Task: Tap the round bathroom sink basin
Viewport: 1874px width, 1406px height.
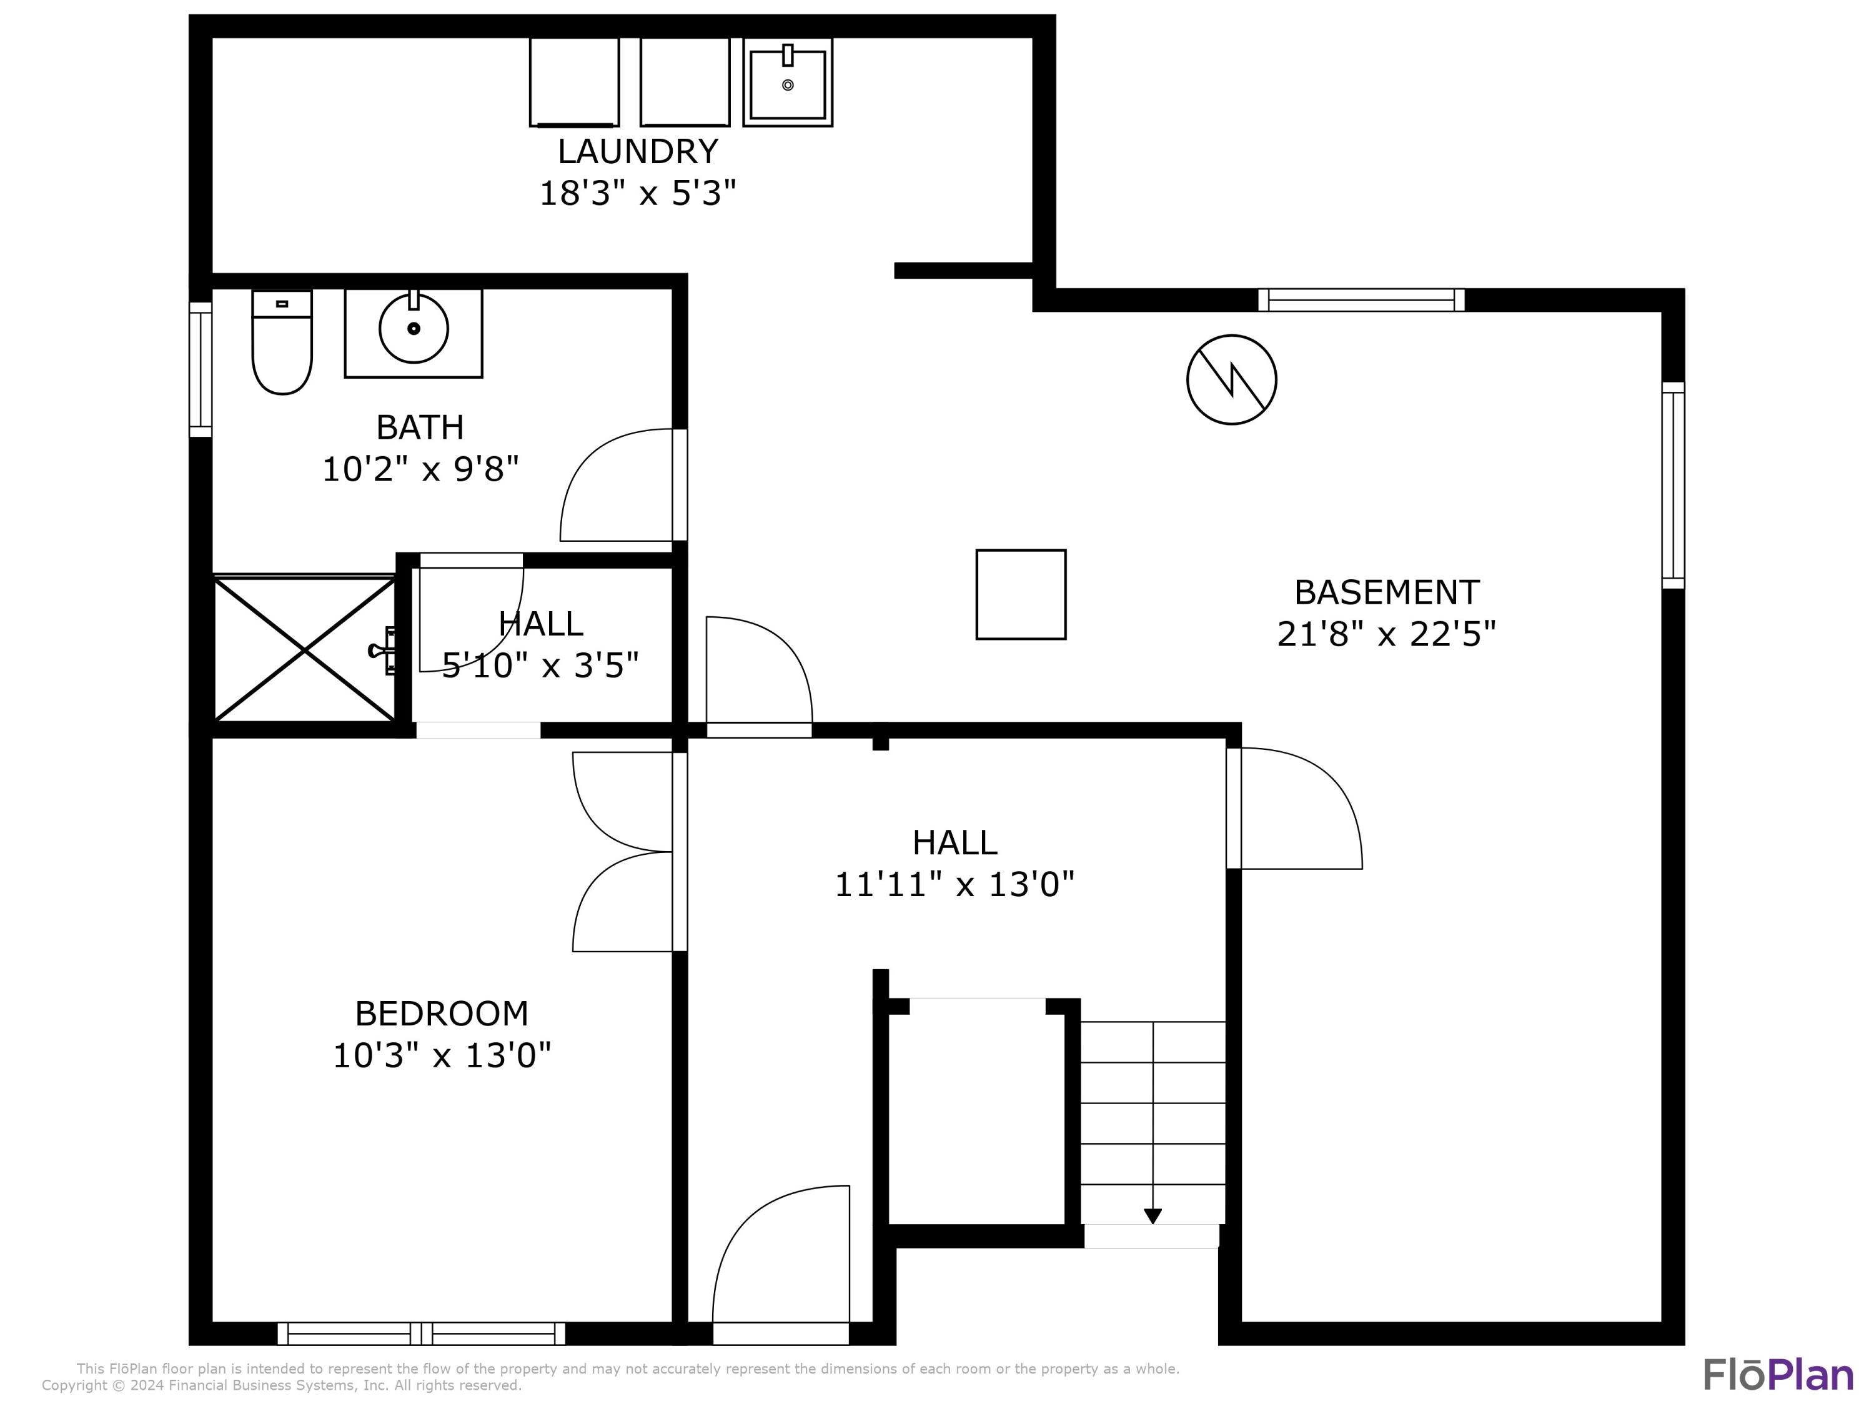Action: (x=414, y=329)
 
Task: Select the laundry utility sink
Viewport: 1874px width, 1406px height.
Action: (x=788, y=83)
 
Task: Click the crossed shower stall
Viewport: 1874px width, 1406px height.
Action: (x=304, y=650)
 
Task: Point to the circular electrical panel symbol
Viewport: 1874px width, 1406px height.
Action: (x=1231, y=380)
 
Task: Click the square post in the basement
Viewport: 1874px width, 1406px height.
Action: (x=1021, y=594)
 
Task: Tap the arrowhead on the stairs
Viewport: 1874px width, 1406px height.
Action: (x=1152, y=1216)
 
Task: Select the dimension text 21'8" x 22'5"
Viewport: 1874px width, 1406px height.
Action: (x=1386, y=634)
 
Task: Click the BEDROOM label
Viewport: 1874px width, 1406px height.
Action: (x=442, y=1014)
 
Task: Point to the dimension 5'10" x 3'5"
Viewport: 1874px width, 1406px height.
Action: (x=540, y=666)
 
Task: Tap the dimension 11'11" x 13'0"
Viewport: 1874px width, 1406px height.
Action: (x=954, y=885)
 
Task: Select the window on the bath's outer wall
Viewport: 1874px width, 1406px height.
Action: (x=200, y=369)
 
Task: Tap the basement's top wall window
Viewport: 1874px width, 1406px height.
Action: (x=1361, y=300)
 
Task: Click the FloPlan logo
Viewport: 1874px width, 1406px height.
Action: (x=1777, y=1375)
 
